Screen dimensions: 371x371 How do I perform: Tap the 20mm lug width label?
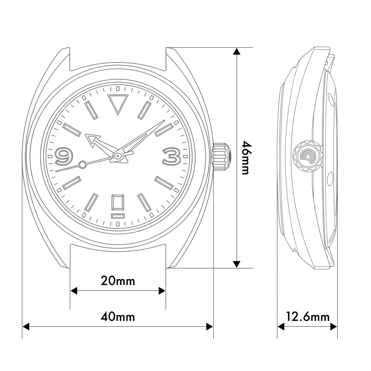point(118,281)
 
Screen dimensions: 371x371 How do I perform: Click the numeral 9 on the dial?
point(64,156)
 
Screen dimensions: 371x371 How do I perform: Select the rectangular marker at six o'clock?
point(118,203)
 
